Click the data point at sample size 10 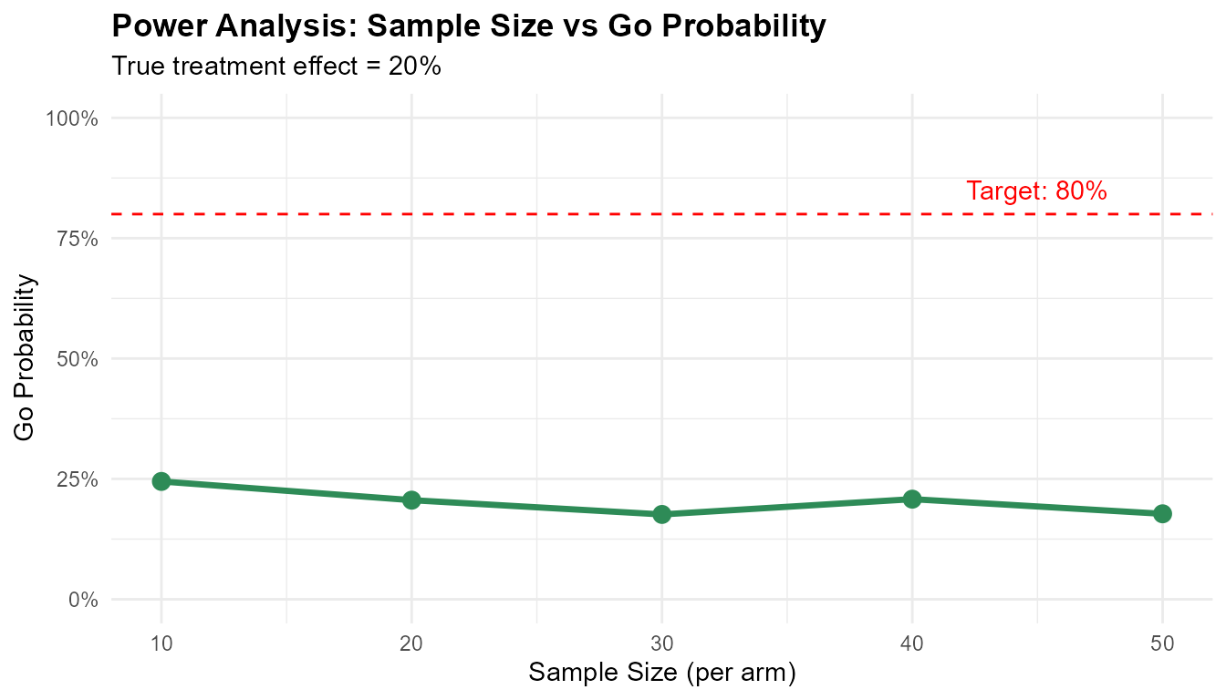tap(161, 481)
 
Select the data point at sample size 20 tap(411, 499)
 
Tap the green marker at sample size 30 tap(662, 514)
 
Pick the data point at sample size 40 tap(912, 499)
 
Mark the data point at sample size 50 tap(1162, 513)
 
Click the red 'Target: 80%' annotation tap(1036, 191)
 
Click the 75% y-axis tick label tap(78, 239)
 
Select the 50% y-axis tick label tap(78, 359)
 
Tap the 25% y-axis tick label tap(78, 479)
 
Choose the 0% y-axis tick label tap(82, 600)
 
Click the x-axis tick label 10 tap(161, 642)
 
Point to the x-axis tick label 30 tap(662, 642)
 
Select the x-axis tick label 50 tap(1162, 642)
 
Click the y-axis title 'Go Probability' tap(26, 357)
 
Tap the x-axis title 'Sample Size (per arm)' tap(662, 674)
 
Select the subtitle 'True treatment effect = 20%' tap(276, 67)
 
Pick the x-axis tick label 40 tap(912, 642)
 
